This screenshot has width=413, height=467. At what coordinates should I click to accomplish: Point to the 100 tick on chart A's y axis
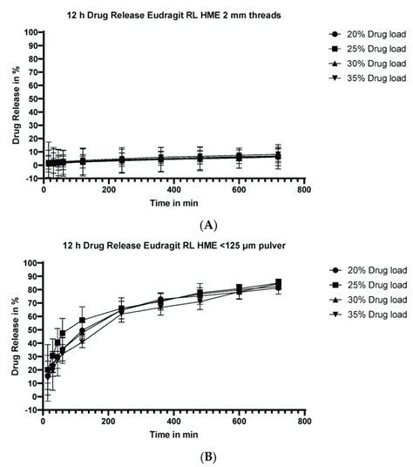coord(30,32)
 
